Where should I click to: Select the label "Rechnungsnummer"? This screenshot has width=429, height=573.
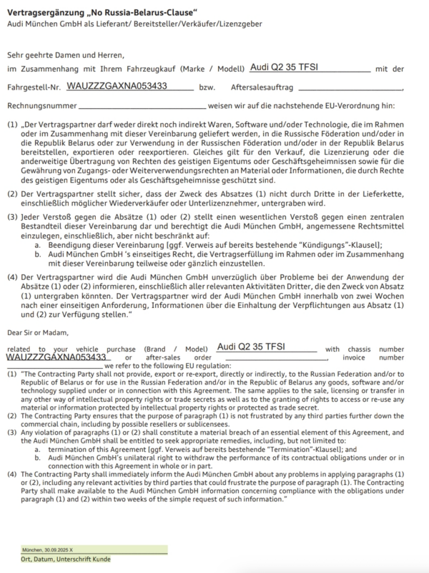tap(39, 107)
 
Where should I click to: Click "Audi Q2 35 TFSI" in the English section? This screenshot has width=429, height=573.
tap(250, 347)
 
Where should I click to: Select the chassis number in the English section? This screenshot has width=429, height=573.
tap(56, 356)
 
